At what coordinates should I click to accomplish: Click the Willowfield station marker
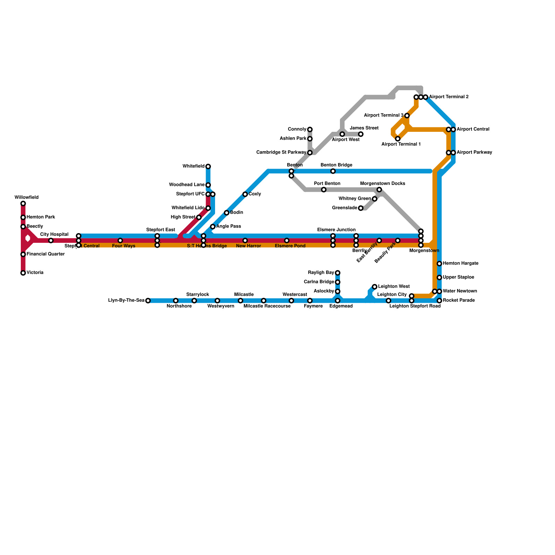23,204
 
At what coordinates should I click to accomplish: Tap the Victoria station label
35,273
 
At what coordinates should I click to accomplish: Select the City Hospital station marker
51,241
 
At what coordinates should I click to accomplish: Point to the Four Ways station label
123,246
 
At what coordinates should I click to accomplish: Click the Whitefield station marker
208,166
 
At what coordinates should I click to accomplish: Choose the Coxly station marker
245,194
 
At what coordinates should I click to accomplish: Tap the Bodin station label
237,212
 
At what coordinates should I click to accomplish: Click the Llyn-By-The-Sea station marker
148,301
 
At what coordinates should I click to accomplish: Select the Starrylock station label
197,294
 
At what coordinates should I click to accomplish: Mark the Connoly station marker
310,129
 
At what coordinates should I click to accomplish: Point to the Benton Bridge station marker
333,171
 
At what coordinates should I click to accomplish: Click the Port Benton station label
327,183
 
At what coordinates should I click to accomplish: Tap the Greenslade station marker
361,208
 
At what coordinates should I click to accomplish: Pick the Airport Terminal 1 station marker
398,139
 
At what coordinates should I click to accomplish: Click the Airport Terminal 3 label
384,115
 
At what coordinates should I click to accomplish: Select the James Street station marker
361,134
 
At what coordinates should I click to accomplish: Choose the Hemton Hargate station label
461,263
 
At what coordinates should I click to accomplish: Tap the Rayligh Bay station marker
338,273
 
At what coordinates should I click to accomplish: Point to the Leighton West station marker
375,287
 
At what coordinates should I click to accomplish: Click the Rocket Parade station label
459,300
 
